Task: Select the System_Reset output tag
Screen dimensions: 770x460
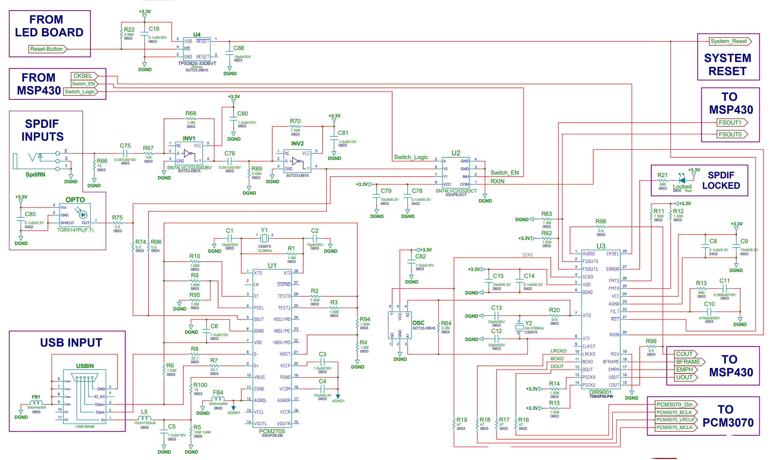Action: [x=730, y=41]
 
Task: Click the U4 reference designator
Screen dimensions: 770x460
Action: [x=197, y=35]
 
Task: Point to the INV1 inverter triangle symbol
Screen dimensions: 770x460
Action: [x=188, y=154]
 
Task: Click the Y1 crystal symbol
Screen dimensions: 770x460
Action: [x=264, y=238]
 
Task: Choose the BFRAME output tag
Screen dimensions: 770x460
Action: [x=690, y=362]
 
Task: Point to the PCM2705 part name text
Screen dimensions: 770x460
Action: [x=272, y=431]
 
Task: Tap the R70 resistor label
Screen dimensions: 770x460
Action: [x=295, y=121]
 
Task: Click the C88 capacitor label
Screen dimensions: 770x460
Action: [x=239, y=48]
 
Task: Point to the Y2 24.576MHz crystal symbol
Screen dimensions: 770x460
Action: [x=520, y=327]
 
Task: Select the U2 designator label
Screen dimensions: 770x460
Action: [x=456, y=153]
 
